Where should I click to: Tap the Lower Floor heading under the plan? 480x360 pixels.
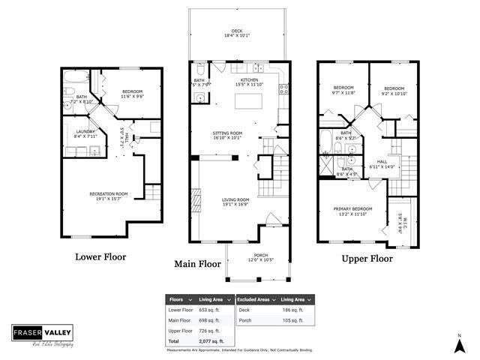coord(100,257)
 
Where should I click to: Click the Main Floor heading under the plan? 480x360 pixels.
coord(197,264)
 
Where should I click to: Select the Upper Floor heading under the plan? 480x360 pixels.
coord(367,259)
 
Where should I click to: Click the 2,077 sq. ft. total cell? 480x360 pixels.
coord(211,341)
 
